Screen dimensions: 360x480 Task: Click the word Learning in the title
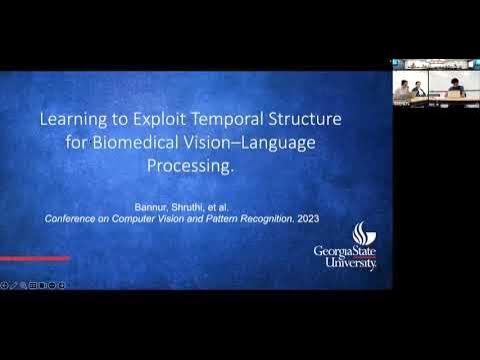coord(70,119)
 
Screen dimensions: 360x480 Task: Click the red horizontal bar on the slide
coord(35,259)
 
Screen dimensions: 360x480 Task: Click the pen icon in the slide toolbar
coord(13,285)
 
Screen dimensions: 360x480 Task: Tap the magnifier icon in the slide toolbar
coord(23,285)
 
